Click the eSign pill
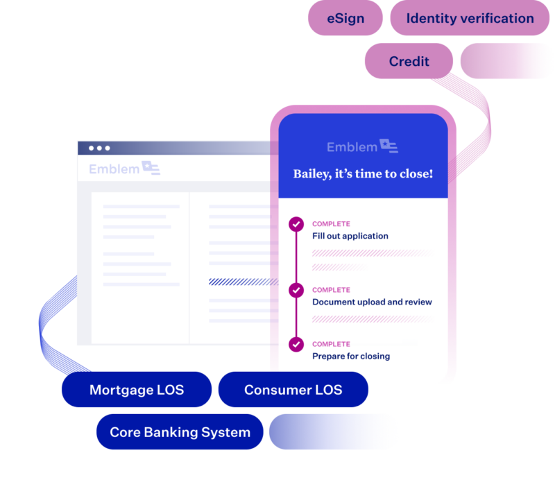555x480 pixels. pos(345,18)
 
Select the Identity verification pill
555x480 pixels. pos(470,18)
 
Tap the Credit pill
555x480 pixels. pos(409,61)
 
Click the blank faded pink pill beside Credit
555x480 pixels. pos(506,61)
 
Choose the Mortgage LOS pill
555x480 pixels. pos(137,389)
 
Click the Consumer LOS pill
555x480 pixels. pos(293,389)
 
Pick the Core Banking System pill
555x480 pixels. pos(180,432)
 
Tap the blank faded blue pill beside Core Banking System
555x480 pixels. pos(333,432)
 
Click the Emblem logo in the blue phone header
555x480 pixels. pos(362,146)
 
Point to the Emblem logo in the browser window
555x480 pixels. pos(124,168)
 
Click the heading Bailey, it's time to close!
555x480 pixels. pos(363,173)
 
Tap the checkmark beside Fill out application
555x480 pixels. pos(296,224)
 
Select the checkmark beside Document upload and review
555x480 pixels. pos(296,290)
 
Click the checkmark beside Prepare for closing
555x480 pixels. pos(296,344)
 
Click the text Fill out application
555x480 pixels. pos(350,236)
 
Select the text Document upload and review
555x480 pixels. pos(372,302)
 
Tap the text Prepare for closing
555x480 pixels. pos(351,356)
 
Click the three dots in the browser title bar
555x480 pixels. pos(99,148)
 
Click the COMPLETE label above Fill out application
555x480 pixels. pos(331,224)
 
